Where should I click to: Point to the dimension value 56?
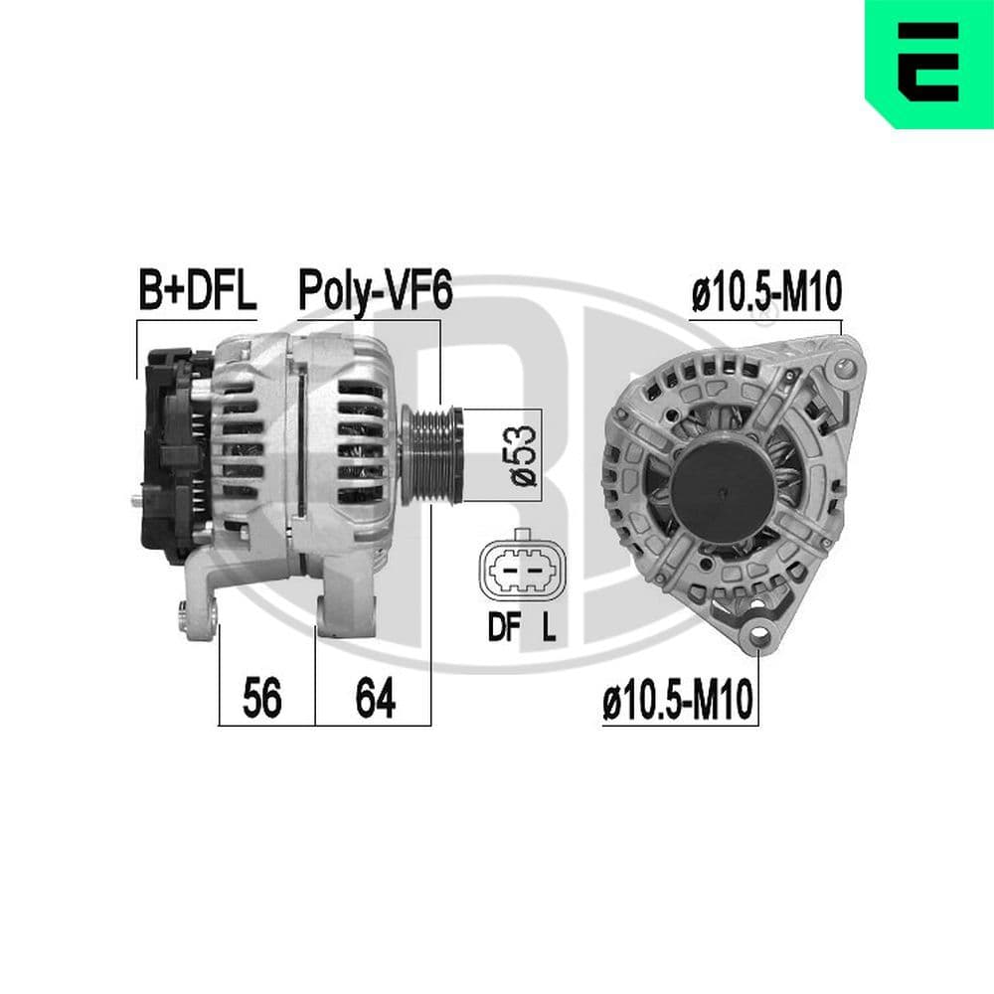tap(263, 700)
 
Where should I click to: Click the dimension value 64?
tap(376, 700)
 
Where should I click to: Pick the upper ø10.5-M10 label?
tap(765, 295)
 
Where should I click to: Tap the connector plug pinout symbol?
tap(516, 573)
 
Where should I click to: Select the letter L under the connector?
tap(548, 630)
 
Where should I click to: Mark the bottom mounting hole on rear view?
tap(760, 633)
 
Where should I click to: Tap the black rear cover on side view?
tap(169, 452)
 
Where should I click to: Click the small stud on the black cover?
tap(134, 500)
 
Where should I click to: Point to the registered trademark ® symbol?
tap(763, 320)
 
